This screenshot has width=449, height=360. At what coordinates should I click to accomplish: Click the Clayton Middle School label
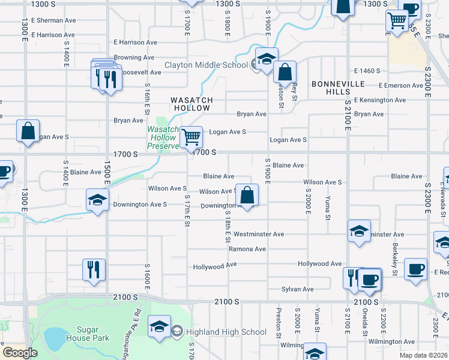click(x=206, y=65)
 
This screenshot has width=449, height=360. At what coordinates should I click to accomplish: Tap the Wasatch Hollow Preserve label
click(x=163, y=137)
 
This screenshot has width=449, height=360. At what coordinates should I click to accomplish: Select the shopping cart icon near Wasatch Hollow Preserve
click(x=191, y=137)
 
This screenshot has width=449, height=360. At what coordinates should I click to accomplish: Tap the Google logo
click(x=20, y=353)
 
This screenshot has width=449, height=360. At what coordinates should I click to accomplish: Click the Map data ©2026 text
click(x=423, y=355)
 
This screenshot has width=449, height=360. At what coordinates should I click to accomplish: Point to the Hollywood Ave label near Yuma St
click(x=319, y=264)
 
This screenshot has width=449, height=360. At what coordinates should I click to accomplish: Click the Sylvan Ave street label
click(x=298, y=289)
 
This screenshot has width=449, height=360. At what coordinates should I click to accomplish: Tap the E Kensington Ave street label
click(x=377, y=99)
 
